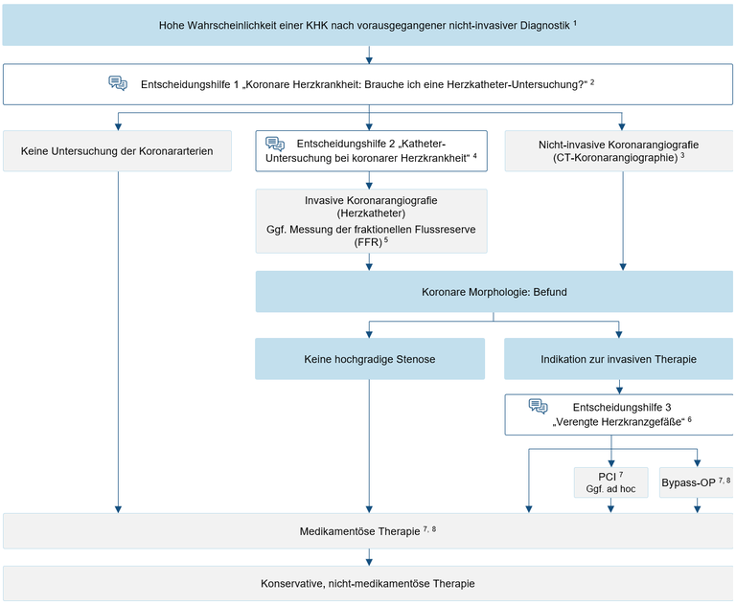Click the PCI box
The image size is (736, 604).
tap(610, 482)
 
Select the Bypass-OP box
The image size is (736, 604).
tap(697, 482)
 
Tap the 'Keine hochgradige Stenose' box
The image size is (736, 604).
tap(369, 359)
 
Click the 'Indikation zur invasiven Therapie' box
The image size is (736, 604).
tap(618, 359)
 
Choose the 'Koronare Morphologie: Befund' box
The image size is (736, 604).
tap(494, 292)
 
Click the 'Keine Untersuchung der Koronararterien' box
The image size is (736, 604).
tap(117, 151)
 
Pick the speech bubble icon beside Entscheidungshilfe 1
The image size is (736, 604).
tap(118, 83)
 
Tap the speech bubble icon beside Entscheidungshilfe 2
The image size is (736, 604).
tap(275, 144)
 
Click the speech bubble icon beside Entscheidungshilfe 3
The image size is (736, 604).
tap(538, 406)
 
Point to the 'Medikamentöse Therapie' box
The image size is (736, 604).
tap(368, 531)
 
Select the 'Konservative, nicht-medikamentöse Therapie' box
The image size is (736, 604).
tap(368, 583)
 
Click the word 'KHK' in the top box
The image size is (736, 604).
tap(317, 25)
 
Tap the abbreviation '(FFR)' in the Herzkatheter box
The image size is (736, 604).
tap(368, 242)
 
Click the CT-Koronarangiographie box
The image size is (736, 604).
tap(619, 151)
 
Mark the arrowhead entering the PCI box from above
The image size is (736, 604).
tap(611, 463)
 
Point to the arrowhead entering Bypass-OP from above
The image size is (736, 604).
tap(698, 463)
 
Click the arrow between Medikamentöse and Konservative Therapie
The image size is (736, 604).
tap(369, 557)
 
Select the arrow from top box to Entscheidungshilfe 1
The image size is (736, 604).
tap(369, 55)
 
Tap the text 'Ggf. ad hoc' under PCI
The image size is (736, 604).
tap(610, 488)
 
